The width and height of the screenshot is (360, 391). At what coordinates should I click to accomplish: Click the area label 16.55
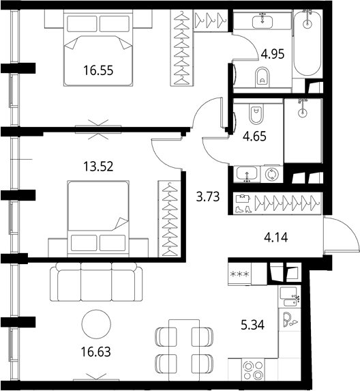click(98, 70)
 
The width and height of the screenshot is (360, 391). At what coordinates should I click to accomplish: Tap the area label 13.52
click(98, 166)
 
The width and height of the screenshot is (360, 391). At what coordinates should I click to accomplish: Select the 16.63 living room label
click(96, 352)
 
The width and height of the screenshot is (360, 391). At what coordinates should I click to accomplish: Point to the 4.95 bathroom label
click(273, 54)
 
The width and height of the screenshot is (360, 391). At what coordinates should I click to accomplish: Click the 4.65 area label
click(254, 136)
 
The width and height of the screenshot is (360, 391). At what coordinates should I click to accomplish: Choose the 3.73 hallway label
click(208, 197)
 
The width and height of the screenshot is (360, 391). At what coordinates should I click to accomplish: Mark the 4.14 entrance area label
click(275, 237)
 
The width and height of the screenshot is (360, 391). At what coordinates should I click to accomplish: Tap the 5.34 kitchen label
click(253, 325)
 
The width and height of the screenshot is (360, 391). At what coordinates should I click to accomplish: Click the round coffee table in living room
click(96, 324)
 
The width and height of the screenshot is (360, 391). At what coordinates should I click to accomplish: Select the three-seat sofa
click(96, 282)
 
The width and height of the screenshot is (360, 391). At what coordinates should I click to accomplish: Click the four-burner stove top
click(254, 370)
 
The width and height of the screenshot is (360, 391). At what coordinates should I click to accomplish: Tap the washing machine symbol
click(272, 174)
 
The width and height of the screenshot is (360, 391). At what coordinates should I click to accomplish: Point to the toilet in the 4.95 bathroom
click(262, 77)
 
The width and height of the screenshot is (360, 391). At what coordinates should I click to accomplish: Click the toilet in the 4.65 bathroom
click(256, 113)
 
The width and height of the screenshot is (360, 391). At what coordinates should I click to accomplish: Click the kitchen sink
click(290, 297)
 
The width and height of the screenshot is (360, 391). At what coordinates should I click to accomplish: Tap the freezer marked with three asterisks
click(240, 274)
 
